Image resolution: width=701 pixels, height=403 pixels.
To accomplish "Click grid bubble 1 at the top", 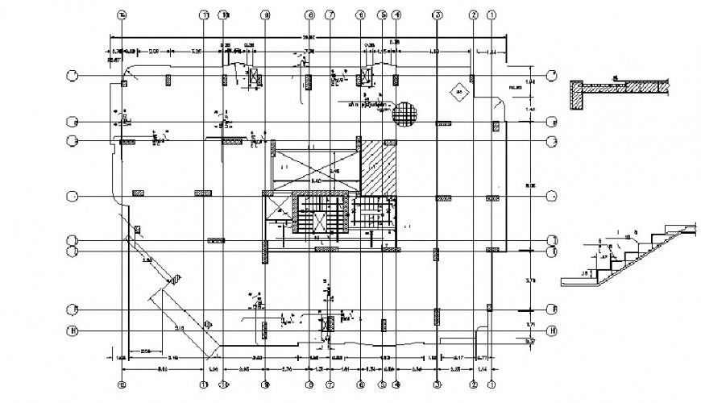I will point(492,15).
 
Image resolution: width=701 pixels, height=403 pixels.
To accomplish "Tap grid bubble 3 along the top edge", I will point(436,15).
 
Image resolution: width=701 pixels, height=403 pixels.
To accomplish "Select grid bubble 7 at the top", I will point(330,15).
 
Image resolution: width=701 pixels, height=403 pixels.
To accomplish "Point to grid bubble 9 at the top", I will point(264,15).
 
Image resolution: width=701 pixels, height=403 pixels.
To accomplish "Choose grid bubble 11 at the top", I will point(205,15).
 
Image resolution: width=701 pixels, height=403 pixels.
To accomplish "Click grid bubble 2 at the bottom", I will point(474,384).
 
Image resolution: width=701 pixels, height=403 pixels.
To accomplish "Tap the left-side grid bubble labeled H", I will point(73,330).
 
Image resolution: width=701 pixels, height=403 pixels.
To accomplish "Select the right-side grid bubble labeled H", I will point(553,330).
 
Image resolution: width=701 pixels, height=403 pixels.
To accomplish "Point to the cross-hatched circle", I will point(405,111).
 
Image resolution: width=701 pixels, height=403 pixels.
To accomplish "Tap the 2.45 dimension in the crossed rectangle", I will point(334,172).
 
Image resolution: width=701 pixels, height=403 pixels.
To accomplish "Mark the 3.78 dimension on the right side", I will point(529,280).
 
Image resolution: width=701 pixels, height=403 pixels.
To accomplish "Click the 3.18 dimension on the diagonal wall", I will point(179,328).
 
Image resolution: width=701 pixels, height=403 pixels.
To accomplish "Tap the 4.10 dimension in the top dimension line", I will point(433,52).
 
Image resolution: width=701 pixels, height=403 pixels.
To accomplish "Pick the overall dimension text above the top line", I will point(309,37).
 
